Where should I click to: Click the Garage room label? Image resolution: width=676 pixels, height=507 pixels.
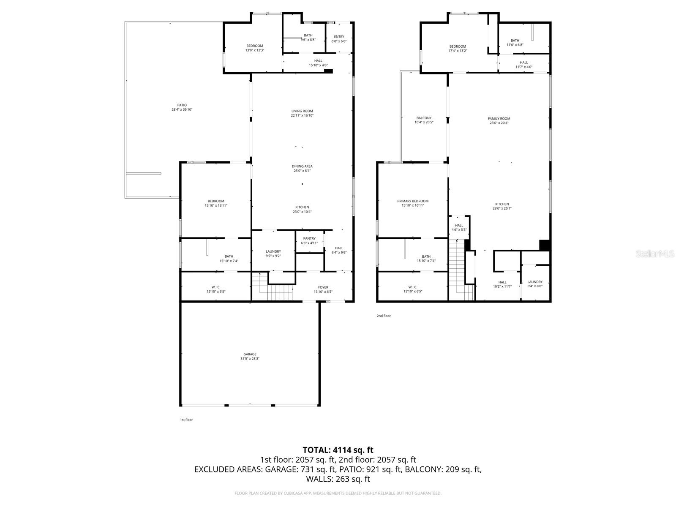pyautogui.click(x=250, y=356)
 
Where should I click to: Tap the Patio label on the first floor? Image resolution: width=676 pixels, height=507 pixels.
pyautogui.click(x=182, y=107)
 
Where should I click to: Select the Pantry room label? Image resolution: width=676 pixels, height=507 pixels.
pyautogui.click(x=309, y=240)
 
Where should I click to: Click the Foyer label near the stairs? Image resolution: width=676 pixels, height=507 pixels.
pyautogui.click(x=323, y=289)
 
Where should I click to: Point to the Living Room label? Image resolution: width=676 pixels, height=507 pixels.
pyautogui.click(x=302, y=113)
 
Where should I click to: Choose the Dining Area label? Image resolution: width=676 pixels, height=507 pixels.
pyautogui.click(x=302, y=168)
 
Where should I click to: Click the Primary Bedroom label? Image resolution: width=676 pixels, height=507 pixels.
pyautogui.click(x=413, y=203)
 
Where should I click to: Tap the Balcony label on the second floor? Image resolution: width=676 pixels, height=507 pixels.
pyautogui.click(x=424, y=120)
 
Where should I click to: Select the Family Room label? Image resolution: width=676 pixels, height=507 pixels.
pyautogui.click(x=499, y=121)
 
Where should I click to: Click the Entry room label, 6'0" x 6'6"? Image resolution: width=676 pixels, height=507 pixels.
pyautogui.click(x=339, y=39)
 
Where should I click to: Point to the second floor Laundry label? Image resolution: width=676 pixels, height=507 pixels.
pyautogui.click(x=535, y=284)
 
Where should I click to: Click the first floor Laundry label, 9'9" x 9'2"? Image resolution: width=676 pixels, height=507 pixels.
pyautogui.click(x=273, y=253)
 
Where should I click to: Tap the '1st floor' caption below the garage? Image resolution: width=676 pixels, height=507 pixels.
pyautogui.click(x=186, y=420)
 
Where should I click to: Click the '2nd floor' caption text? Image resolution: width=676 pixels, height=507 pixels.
pyautogui.click(x=384, y=316)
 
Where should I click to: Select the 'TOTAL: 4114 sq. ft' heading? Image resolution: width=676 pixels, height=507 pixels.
pyautogui.click(x=338, y=450)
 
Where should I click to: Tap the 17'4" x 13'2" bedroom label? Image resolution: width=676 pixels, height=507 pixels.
pyautogui.click(x=458, y=49)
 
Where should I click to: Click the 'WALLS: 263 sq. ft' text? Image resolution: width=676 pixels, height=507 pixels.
pyautogui.click(x=338, y=479)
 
